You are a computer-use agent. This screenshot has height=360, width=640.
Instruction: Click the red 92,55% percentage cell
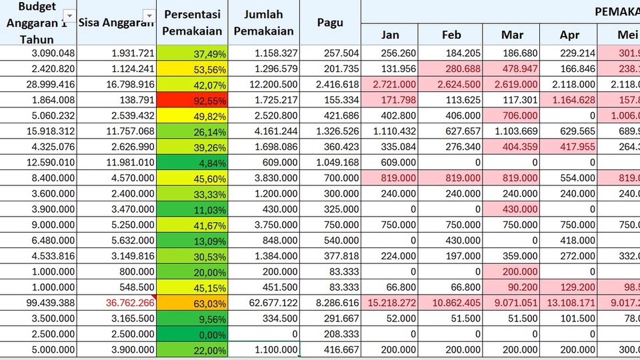[x=192, y=101]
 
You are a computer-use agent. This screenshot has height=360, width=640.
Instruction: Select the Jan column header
[x=390, y=35]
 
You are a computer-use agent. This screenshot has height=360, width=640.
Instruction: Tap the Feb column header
[x=451, y=35]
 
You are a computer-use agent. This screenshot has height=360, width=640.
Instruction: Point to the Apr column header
[x=569, y=35]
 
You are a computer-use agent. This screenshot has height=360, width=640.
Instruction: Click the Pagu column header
[x=330, y=22]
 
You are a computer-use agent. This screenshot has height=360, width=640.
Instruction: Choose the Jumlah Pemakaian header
[x=264, y=22]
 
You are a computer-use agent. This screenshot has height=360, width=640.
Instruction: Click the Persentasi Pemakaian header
[x=192, y=22]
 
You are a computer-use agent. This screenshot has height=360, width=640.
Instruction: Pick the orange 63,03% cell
[x=192, y=301]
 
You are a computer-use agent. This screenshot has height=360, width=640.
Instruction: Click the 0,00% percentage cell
[x=192, y=333]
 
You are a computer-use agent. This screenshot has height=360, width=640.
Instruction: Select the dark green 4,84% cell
[x=192, y=163]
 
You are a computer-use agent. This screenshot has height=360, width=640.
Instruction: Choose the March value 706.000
[x=512, y=116]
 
